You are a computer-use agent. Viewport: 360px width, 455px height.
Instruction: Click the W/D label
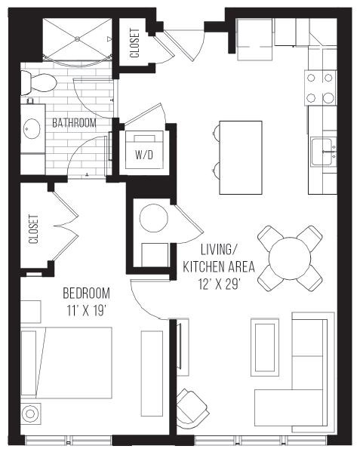click(x=143, y=155)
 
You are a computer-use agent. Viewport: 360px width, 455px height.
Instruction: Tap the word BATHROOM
click(x=73, y=122)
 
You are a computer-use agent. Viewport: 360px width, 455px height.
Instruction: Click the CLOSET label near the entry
click(x=134, y=44)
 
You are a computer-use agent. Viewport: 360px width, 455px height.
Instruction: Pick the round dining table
click(x=290, y=257)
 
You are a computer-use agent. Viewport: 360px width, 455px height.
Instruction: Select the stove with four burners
click(x=320, y=87)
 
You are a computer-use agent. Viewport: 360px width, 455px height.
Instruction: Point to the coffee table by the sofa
click(x=266, y=345)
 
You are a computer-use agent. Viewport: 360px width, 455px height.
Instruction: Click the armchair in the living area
click(x=193, y=410)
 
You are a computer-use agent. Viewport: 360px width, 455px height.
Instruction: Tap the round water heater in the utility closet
click(x=154, y=218)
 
